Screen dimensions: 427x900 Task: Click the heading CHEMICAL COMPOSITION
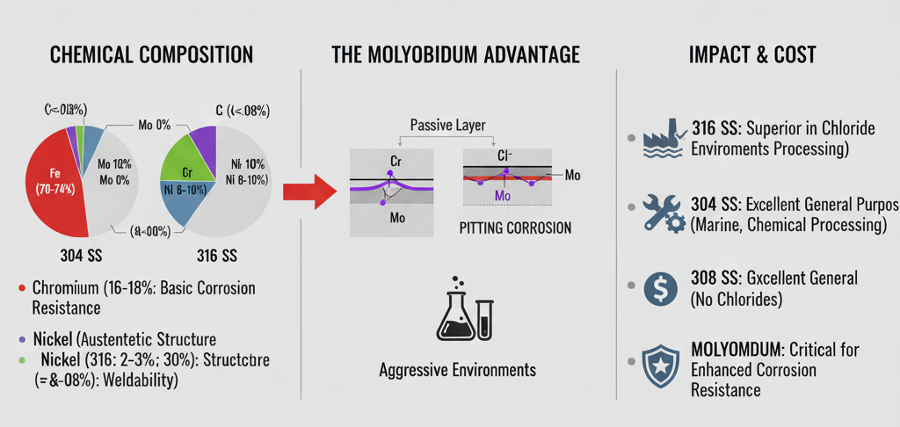(152, 54)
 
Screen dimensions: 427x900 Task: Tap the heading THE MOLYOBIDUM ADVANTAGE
(455, 54)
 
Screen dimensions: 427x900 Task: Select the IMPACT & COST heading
(753, 54)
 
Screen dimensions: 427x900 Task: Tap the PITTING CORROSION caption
(515, 228)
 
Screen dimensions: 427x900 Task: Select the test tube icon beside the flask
(485, 320)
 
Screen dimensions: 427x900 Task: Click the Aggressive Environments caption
(458, 369)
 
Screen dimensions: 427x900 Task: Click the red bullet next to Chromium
(20, 288)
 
